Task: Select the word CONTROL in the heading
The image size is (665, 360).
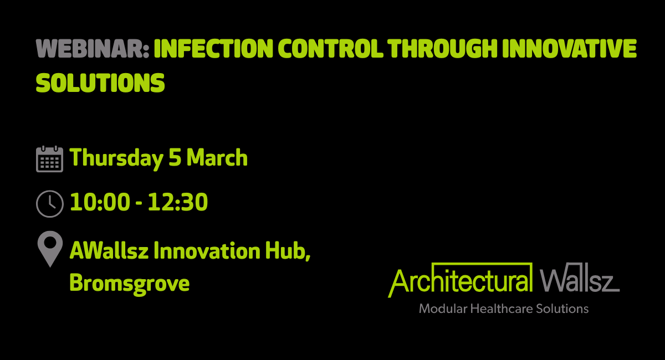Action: click(330, 48)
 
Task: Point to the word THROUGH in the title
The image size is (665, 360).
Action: click(442, 48)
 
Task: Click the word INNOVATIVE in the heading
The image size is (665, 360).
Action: click(570, 48)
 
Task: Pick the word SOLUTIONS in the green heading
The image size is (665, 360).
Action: click(100, 83)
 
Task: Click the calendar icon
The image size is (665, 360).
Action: click(49, 159)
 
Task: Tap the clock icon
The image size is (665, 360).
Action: click(49, 204)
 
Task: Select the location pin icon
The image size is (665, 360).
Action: click(50, 249)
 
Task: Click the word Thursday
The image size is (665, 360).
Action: click(116, 158)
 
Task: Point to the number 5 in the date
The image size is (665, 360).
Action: click(175, 157)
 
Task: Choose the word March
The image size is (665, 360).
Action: click(217, 157)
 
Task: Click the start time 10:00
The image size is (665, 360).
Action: click(100, 202)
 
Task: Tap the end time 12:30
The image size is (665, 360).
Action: click(178, 202)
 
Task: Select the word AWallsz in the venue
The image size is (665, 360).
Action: click(109, 250)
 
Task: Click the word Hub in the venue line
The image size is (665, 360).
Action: click(288, 251)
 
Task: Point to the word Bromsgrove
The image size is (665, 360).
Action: click(130, 284)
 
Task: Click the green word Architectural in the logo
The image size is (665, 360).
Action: click(460, 280)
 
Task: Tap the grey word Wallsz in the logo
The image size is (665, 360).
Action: click(580, 277)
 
